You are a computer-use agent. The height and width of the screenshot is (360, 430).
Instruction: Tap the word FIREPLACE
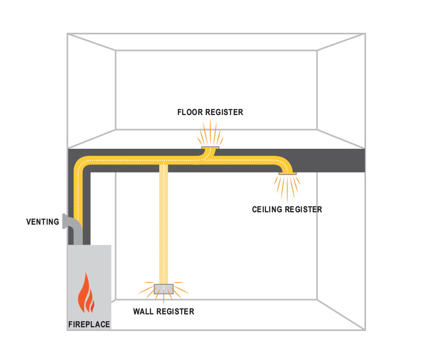[89, 325]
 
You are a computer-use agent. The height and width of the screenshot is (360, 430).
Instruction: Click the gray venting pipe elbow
[72, 226]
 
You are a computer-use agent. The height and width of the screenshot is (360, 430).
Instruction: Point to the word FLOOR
[189, 112]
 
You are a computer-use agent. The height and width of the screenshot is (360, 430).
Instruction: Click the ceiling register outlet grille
[288, 173]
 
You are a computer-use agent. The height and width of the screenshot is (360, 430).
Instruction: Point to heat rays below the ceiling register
[288, 188]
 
